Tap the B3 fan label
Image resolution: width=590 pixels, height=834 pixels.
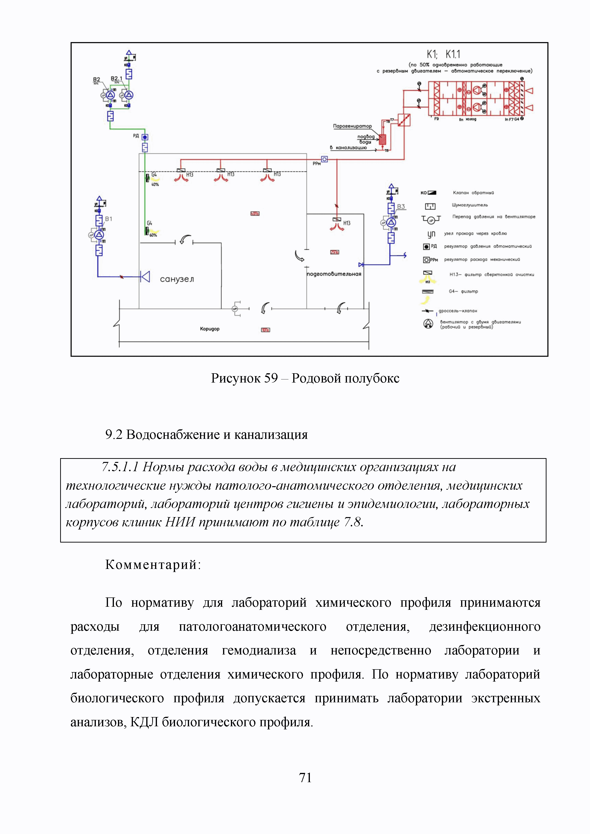pos(401,206)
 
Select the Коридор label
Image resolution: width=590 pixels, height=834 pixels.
pos(210,329)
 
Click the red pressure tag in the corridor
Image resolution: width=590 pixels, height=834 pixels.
pos(266,330)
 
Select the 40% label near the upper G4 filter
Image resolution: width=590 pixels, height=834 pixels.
pos(155,184)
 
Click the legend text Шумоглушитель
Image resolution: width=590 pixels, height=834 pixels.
pos(470,205)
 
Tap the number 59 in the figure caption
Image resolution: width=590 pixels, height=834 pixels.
pos(271,378)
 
